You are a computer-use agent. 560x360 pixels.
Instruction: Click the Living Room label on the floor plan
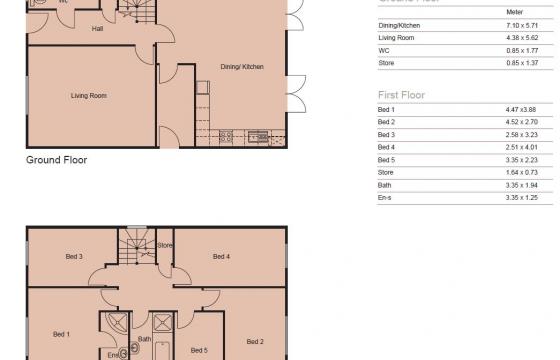click(89, 96)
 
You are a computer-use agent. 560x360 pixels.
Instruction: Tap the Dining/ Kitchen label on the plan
click(242, 67)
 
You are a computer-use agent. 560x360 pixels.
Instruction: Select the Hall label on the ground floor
click(98, 29)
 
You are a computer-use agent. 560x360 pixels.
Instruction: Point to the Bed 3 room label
click(74, 257)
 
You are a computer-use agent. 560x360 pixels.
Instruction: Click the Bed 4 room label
click(222, 257)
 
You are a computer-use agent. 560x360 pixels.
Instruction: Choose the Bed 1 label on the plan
click(61, 333)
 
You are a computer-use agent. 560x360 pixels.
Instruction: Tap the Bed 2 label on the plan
click(255, 341)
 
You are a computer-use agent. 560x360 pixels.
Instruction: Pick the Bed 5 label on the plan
click(198, 350)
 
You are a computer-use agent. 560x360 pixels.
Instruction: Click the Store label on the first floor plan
click(165, 244)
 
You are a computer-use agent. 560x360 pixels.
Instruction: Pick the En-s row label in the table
click(384, 197)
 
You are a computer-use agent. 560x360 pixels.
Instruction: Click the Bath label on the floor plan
click(144, 338)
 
